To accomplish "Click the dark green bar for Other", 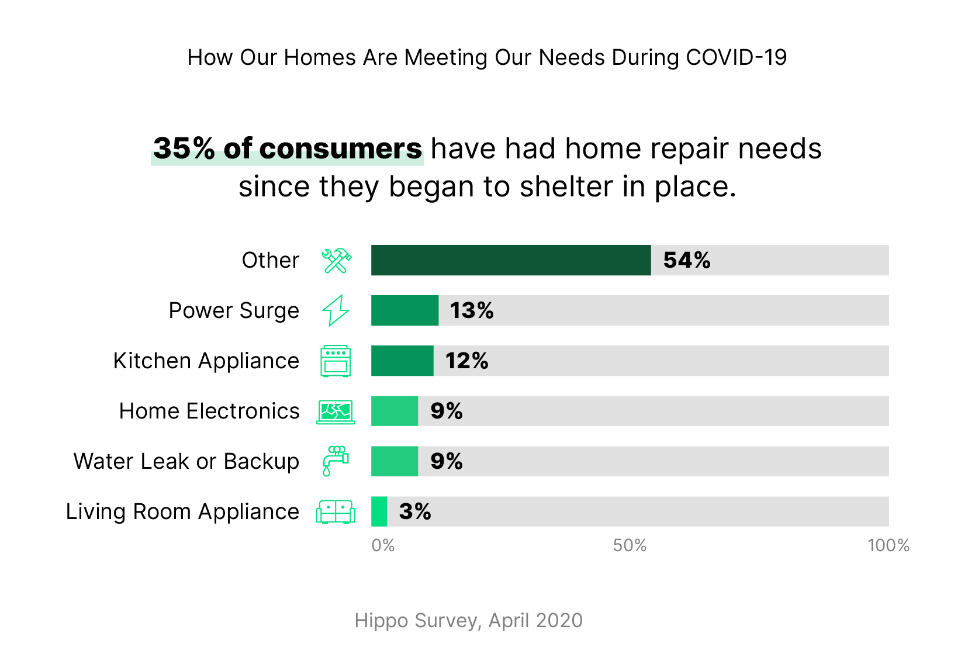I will click(510, 260).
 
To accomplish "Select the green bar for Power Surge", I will click(404, 310).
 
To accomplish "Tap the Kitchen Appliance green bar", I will click(402, 361).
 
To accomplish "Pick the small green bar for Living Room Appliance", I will click(379, 511).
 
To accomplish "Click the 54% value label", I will click(686, 260).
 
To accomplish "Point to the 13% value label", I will click(471, 310).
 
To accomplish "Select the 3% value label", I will click(414, 511).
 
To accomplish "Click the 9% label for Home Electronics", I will click(446, 411).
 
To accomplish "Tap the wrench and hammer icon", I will click(336, 261).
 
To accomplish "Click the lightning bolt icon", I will click(336, 310).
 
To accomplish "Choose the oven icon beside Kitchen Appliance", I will click(336, 361).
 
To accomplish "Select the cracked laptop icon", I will click(336, 411).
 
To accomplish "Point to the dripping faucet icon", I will click(336, 461).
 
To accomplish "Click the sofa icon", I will click(336, 511).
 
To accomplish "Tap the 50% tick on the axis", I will click(630, 545).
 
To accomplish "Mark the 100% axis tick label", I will click(888, 545).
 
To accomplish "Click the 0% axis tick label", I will click(383, 545).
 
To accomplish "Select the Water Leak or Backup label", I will click(186, 461).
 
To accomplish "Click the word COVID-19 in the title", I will click(736, 57).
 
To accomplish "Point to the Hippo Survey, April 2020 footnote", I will click(468, 620).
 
